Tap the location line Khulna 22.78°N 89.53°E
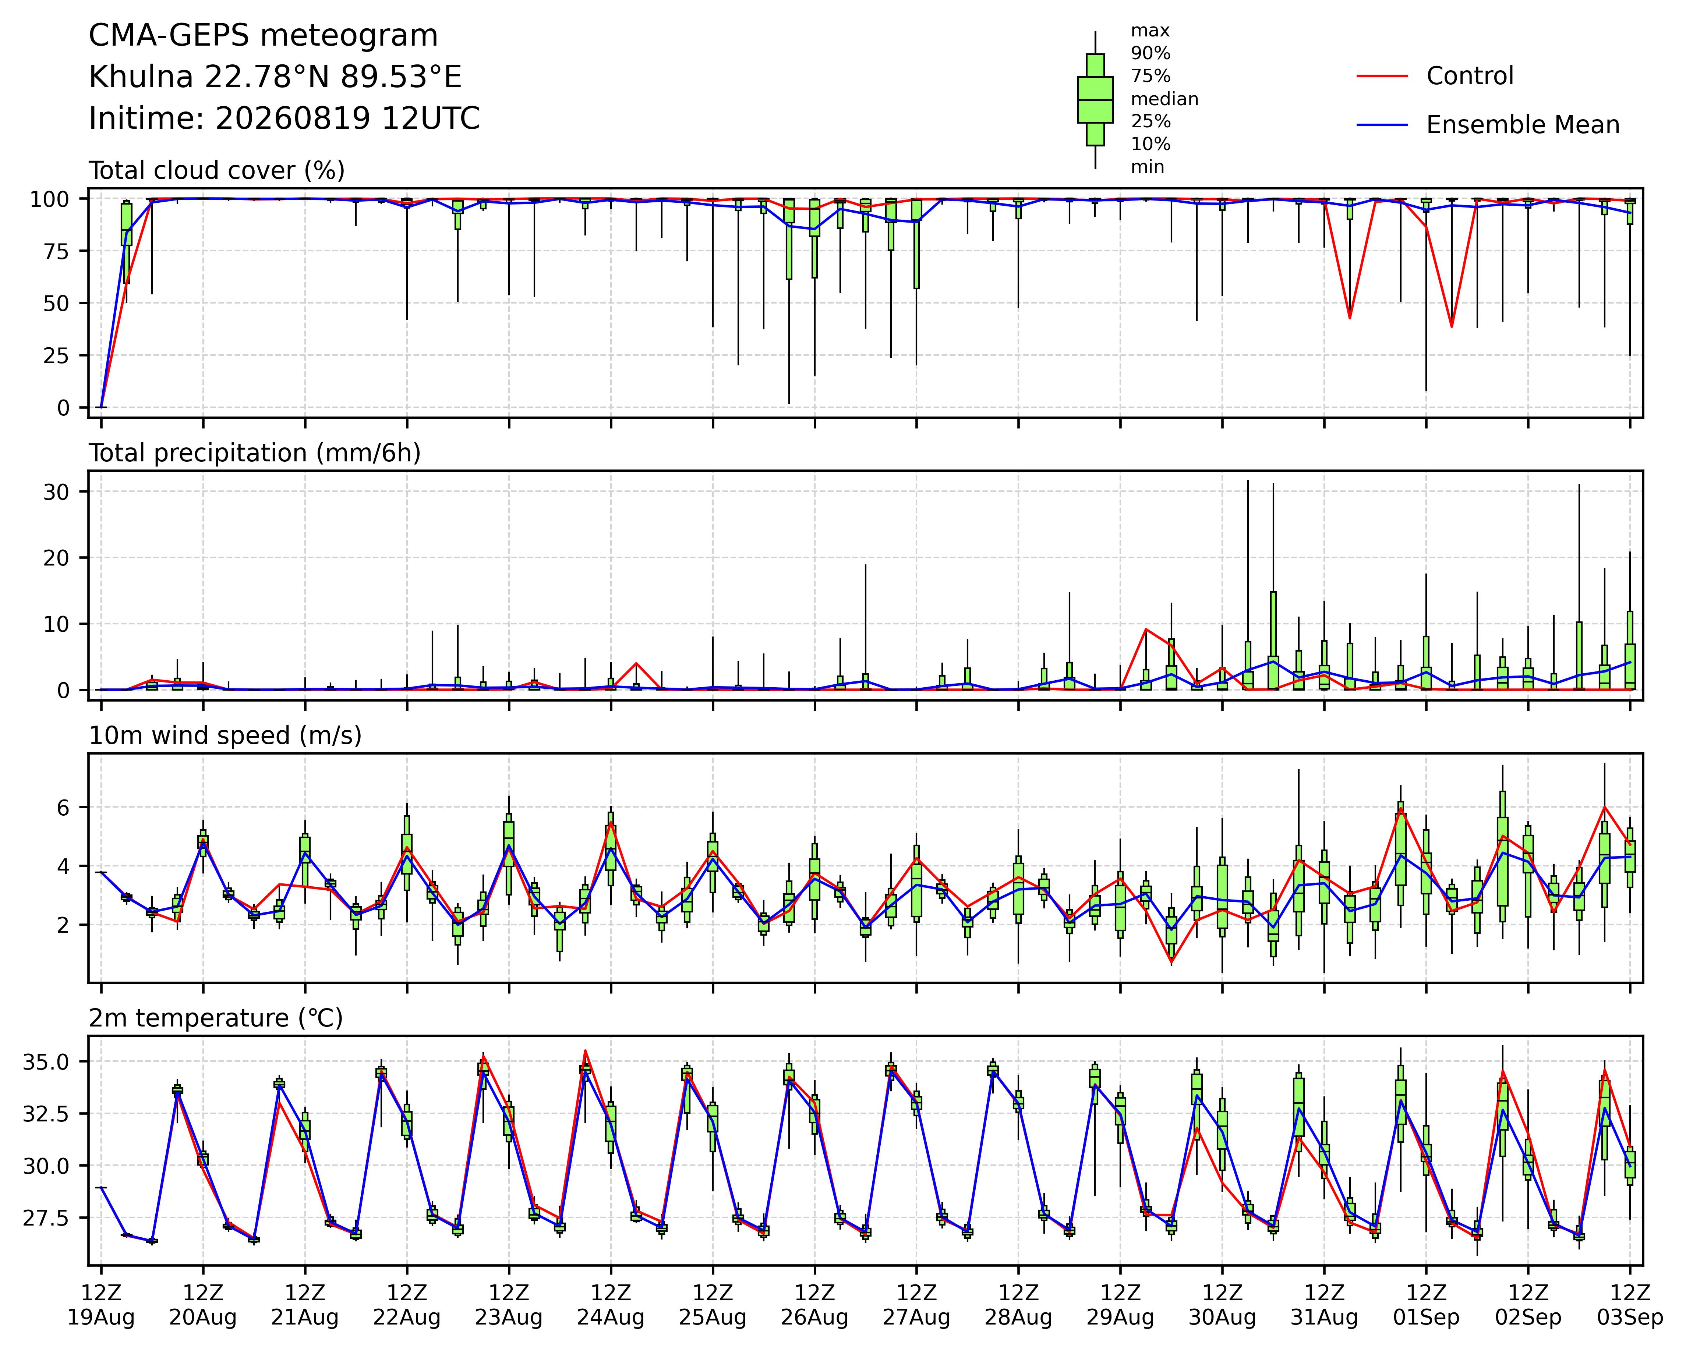[275, 77]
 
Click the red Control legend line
[1382, 76]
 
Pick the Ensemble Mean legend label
[1523, 125]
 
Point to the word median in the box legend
[1164, 99]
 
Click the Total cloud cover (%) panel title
[217, 170]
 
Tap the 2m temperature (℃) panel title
[216, 1019]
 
